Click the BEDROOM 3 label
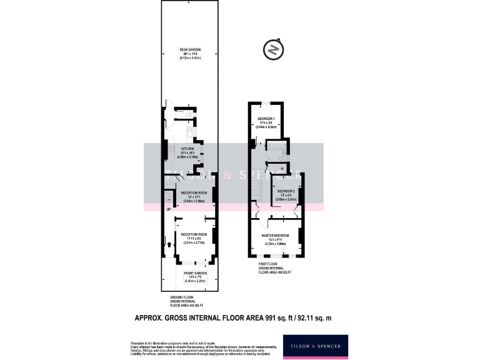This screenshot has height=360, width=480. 266,118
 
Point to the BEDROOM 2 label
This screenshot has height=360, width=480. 286,191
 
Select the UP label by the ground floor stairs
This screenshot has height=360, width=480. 169,209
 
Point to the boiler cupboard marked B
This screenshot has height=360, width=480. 281,169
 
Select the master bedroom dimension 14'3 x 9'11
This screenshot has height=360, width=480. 278,239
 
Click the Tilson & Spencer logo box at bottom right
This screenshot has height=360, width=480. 314,346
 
